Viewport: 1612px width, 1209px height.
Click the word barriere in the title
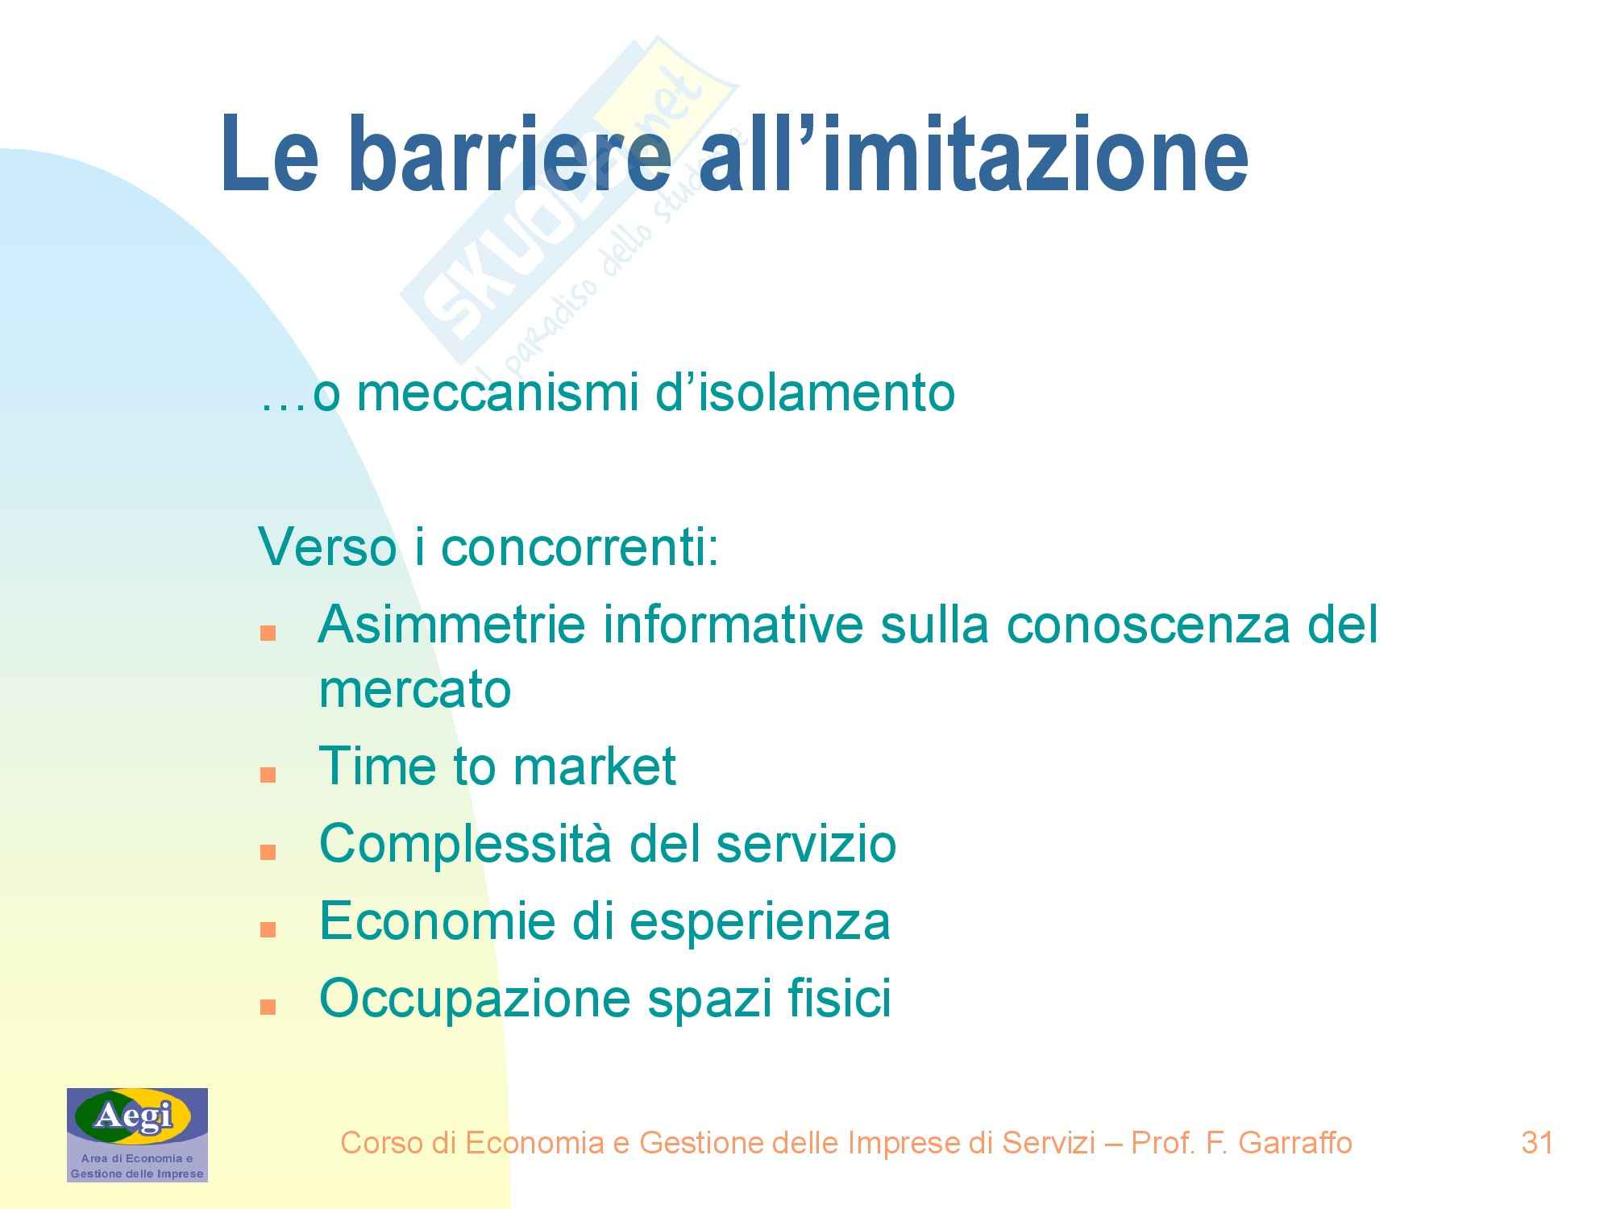[x=510, y=152]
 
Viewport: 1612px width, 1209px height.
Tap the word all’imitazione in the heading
[x=974, y=152]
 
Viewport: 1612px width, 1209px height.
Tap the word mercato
[x=415, y=690]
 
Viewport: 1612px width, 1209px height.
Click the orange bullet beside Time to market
[x=268, y=775]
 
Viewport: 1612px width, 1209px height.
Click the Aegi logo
[x=137, y=1135]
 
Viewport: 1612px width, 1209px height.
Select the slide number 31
[x=1537, y=1142]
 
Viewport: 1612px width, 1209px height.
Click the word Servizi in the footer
[x=1049, y=1142]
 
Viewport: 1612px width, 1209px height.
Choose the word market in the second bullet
[x=594, y=766]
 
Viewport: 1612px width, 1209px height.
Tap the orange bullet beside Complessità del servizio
[x=268, y=853]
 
